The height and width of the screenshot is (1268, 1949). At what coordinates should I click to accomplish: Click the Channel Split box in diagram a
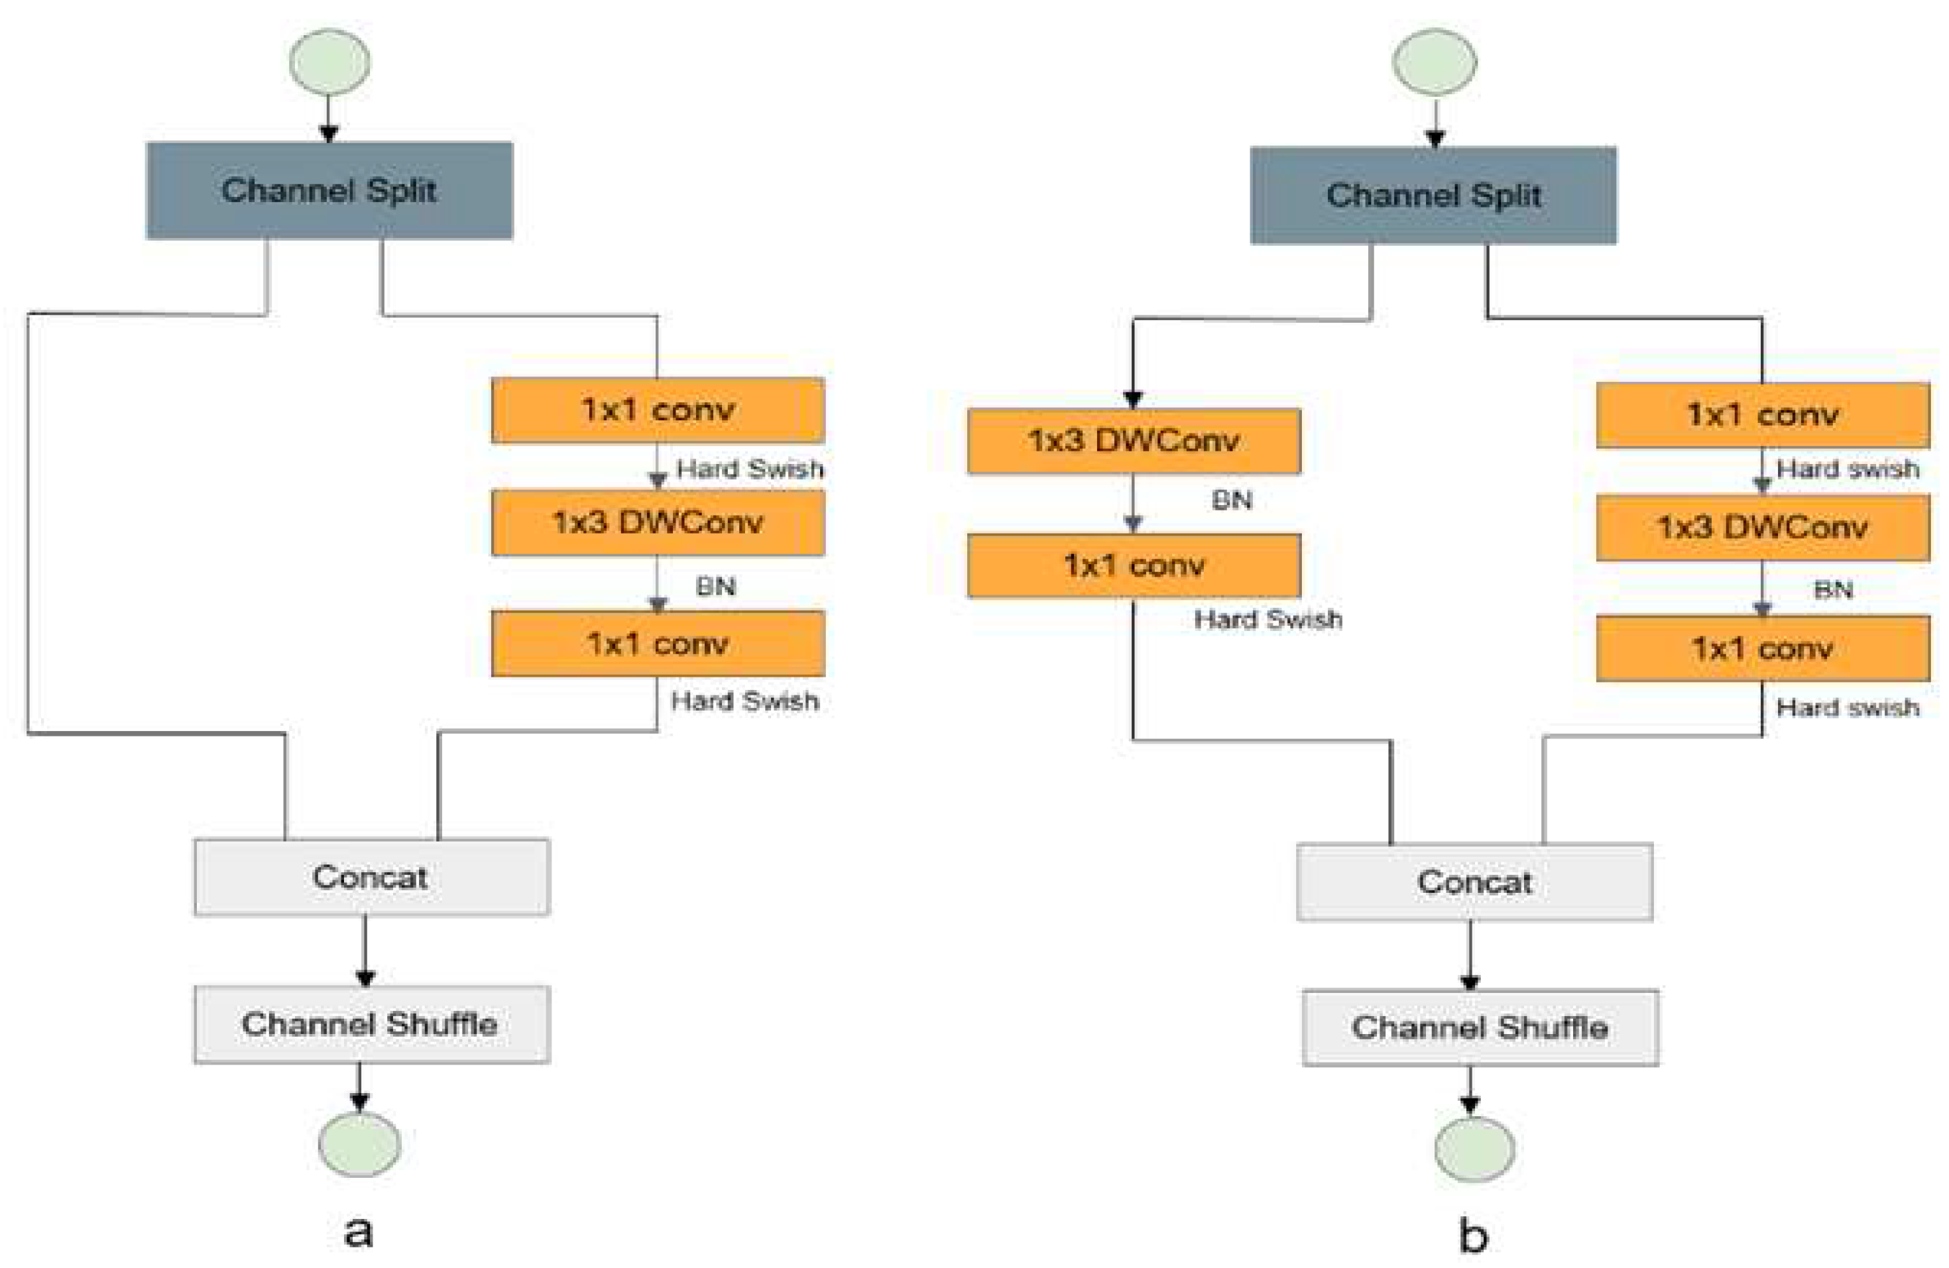329,191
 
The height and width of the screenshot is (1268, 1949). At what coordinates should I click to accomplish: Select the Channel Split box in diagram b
1433,196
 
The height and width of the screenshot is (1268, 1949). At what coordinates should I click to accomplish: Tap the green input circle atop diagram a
329,62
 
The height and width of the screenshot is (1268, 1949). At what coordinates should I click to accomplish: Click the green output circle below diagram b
1474,1149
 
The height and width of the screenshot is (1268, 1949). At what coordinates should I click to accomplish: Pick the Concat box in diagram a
372,877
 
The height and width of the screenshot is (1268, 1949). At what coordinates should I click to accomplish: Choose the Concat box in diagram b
1474,882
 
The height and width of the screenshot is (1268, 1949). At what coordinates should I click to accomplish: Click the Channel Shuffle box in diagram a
372,1023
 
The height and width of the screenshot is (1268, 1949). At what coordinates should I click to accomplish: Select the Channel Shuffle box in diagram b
1480,1027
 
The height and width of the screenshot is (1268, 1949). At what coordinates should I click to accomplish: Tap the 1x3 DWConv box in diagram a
658,522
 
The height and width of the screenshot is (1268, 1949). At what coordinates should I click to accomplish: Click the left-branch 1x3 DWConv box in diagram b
1134,441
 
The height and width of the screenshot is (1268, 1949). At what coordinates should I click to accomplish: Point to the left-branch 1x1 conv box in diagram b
1134,565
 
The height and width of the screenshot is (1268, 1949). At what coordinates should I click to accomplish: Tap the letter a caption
359,1230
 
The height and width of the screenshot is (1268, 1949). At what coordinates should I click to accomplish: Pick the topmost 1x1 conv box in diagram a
658,410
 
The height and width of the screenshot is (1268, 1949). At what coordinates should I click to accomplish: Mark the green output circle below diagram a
359,1145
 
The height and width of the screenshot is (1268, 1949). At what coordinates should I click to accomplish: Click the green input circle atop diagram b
1435,62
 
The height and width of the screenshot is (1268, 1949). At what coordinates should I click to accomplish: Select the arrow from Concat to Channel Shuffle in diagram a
365,950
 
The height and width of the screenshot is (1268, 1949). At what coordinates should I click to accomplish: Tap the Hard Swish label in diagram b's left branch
1268,620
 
